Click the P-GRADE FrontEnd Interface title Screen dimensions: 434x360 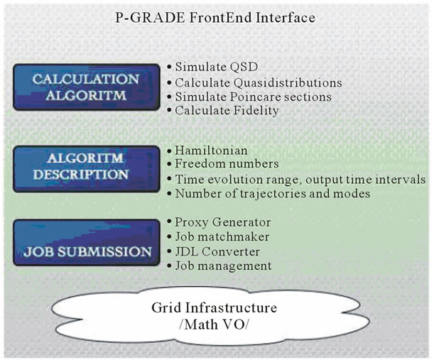tap(215, 18)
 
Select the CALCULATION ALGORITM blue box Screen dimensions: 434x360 tap(87, 87)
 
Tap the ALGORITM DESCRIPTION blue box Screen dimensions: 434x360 tap(87, 169)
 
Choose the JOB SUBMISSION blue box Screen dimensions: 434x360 tap(87, 243)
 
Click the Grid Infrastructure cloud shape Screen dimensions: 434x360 tap(210, 315)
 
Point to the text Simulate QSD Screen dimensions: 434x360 tap(217, 67)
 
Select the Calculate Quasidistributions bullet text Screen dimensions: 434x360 tap(259, 83)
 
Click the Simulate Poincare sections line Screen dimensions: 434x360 tap(254, 97)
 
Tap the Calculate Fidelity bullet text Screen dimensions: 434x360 tap(227, 111)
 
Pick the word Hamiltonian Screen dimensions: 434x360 tap(211, 151)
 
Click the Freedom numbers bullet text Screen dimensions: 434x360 tap(227, 164)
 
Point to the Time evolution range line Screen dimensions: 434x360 tap(300, 180)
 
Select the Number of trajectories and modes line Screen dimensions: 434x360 tap(273, 193)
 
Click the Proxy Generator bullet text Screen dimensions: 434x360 tap(223, 222)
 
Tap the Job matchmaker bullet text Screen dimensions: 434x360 tap(222, 237)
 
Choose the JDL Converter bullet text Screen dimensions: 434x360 tap(217, 252)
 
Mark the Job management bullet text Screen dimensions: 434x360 tap(223, 266)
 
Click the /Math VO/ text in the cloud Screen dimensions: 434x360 tap(214, 324)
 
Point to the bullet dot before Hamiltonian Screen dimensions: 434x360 tap(169, 151)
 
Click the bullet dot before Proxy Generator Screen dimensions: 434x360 tap(169, 222)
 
